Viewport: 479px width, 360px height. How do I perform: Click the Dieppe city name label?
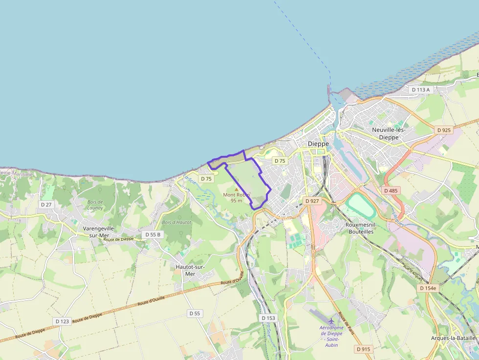318,144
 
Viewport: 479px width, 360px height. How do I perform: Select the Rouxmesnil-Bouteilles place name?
360,228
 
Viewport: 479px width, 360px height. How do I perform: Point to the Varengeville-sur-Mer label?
96,232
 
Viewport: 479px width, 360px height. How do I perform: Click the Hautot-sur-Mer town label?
190,270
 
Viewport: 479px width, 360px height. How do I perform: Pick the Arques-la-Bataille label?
453,338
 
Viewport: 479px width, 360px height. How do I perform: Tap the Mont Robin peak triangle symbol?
237,190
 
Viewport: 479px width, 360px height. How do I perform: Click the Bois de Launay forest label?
95,205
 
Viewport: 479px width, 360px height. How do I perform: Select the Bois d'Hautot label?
176,222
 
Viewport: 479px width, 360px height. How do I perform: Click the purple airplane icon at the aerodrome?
332,321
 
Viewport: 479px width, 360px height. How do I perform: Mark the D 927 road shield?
311,201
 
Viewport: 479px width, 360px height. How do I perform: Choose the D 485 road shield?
392,191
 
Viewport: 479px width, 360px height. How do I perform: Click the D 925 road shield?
444,130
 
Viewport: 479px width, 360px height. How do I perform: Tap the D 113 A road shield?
420,90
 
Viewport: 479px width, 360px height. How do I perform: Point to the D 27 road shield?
46,204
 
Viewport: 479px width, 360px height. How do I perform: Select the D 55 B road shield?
152,234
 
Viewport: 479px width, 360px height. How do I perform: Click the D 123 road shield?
63,321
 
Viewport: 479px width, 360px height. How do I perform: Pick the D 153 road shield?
268,318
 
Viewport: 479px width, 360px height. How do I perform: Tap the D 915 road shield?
363,349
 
